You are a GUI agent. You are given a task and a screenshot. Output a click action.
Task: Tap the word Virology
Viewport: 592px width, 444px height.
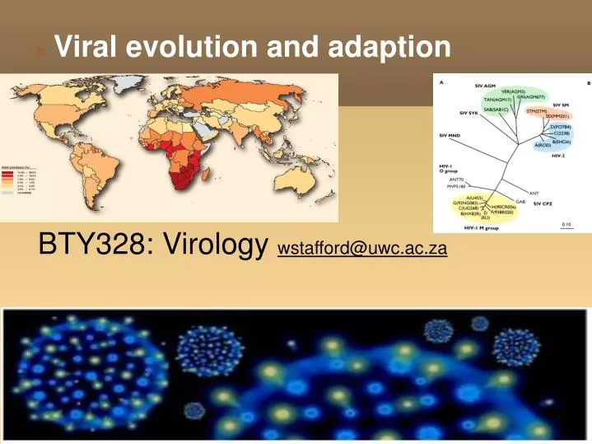click(x=217, y=243)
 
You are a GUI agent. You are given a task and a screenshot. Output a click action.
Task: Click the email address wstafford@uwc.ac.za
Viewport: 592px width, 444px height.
click(x=362, y=248)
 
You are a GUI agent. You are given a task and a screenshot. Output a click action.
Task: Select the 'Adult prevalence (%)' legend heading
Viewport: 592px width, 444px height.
click(x=18, y=166)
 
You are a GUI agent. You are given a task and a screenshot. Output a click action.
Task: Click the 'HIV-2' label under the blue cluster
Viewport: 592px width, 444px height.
click(x=558, y=154)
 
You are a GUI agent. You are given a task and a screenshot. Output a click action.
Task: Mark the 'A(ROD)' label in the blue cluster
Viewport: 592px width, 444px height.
click(x=544, y=145)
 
